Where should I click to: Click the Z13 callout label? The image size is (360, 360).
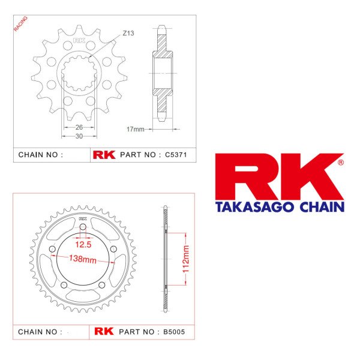pyautogui.click(x=128, y=33)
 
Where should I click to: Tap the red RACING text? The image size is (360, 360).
pyautogui.click(x=20, y=23)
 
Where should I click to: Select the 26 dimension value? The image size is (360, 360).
pyautogui.click(x=79, y=127)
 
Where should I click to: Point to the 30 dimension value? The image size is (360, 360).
pyautogui.click(x=79, y=136)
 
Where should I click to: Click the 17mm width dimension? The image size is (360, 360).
pyautogui.click(x=136, y=129)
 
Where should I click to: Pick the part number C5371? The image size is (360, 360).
pyautogui.click(x=176, y=155)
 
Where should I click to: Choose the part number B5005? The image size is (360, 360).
pyautogui.click(x=174, y=332)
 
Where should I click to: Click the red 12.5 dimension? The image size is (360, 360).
pyautogui.click(x=83, y=245)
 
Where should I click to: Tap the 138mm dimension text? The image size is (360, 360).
pyautogui.click(x=83, y=259)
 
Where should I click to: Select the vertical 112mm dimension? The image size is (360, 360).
pyautogui.click(x=186, y=259)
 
